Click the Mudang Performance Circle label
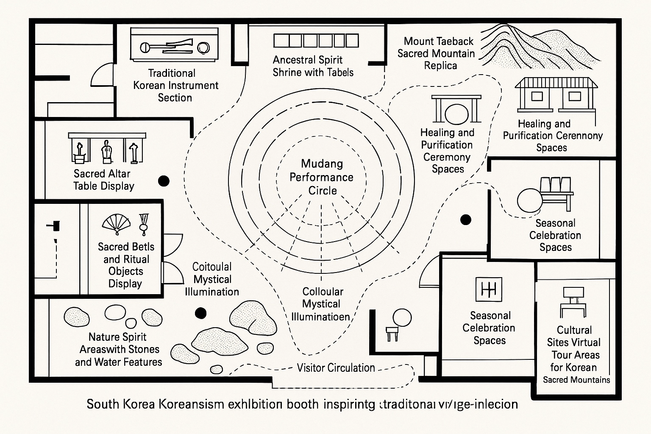(321, 177)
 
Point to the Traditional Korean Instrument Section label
(175, 85)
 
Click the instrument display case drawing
(174, 45)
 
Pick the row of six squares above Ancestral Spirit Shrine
(316, 41)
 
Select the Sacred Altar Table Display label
(103, 180)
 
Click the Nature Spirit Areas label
(119, 349)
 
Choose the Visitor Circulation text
(336, 367)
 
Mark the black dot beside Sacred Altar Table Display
(164, 181)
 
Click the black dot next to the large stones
(200, 313)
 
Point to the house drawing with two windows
(556, 95)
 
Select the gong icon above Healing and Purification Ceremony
(456, 109)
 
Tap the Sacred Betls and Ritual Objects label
(125, 265)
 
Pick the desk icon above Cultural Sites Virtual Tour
(573, 302)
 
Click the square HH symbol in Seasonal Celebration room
(489, 289)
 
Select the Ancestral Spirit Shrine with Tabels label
(313, 66)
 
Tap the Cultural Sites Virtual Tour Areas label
(575, 354)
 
